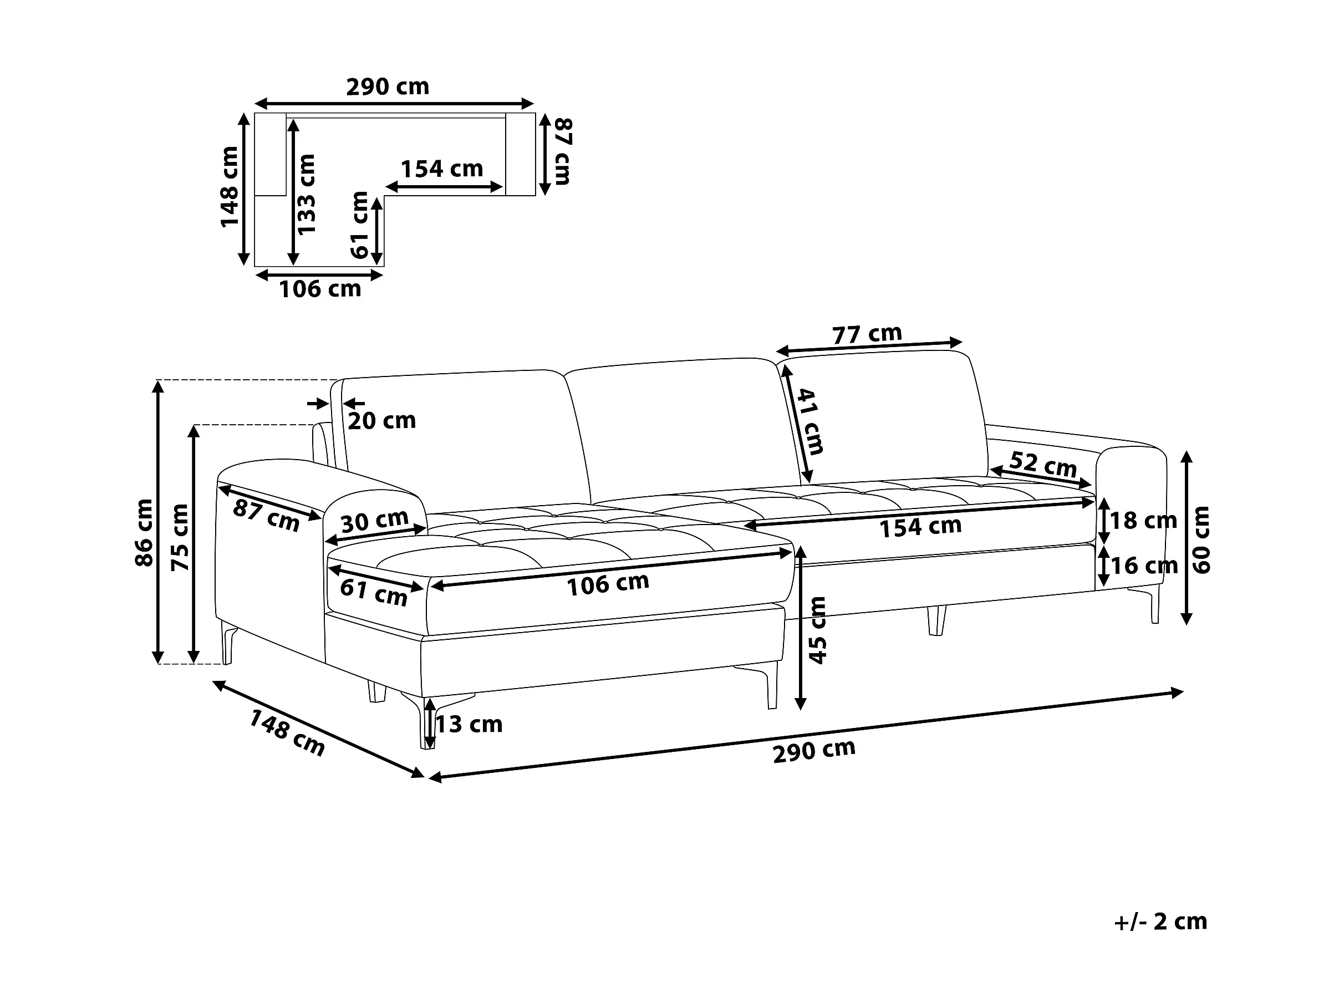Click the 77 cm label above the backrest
(x=867, y=334)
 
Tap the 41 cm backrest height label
(x=811, y=422)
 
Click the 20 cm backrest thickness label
(x=381, y=420)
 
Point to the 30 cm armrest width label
(x=374, y=521)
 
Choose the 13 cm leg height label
(x=469, y=724)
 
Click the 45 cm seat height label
(x=818, y=630)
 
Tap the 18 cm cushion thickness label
(x=1143, y=521)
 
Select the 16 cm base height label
(x=1143, y=566)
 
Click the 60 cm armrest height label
(x=1202, y=539)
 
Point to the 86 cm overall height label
(x=144, y=533)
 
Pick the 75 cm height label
(x=180, y=537)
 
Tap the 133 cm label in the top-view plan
(x=307, y=194)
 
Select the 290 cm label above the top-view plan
(x=388, y=87)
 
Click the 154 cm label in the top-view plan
(x=442, y=169)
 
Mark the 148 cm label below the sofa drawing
(x=287, y=734)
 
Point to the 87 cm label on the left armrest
(x=266, y=515)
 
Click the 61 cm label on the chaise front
(x=373, y=592)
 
